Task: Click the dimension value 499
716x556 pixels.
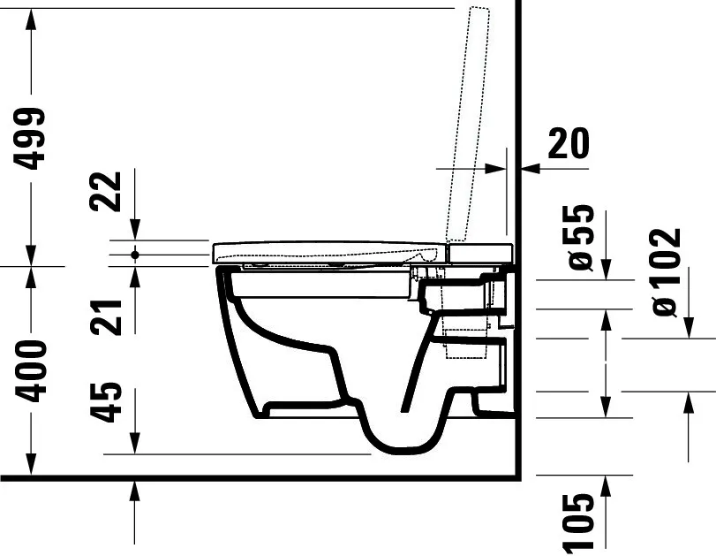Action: pyautogui.click(x=32, y=138)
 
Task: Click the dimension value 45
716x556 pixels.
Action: pyautogui.click(x=109, y=402)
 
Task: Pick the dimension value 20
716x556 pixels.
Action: pyautogui.click(x=569, y=143)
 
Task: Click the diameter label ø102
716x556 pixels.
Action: pyautogui.click(x=667, y=272)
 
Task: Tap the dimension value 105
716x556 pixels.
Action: pyautogui.click(x=580, y=524)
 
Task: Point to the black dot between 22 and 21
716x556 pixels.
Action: pyautogui.click(x=135, y=255)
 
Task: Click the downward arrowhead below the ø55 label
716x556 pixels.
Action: pyautogui.click(x=606, y=269)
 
